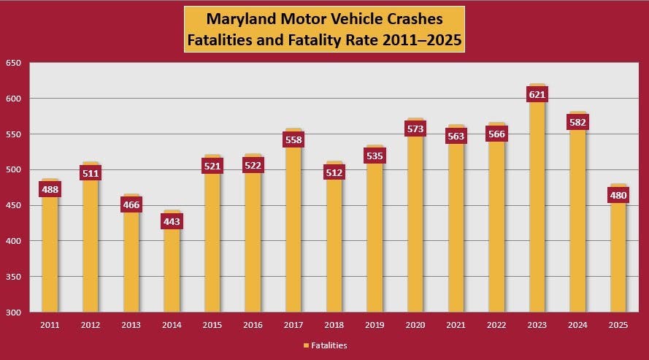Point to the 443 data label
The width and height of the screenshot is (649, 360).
172,221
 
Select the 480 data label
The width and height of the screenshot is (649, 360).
618,195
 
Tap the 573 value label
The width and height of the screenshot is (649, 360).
415,129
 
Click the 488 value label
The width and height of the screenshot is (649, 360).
50,189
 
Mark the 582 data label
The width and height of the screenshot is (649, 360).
578,122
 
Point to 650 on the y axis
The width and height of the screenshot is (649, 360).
13,63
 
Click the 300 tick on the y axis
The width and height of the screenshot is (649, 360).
13,313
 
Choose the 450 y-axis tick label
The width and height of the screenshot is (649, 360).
13,206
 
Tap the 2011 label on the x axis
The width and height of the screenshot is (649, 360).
50,325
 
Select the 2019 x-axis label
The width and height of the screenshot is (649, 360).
375,325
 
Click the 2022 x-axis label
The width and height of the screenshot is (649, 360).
496,325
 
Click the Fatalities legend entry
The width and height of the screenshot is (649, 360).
324,345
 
